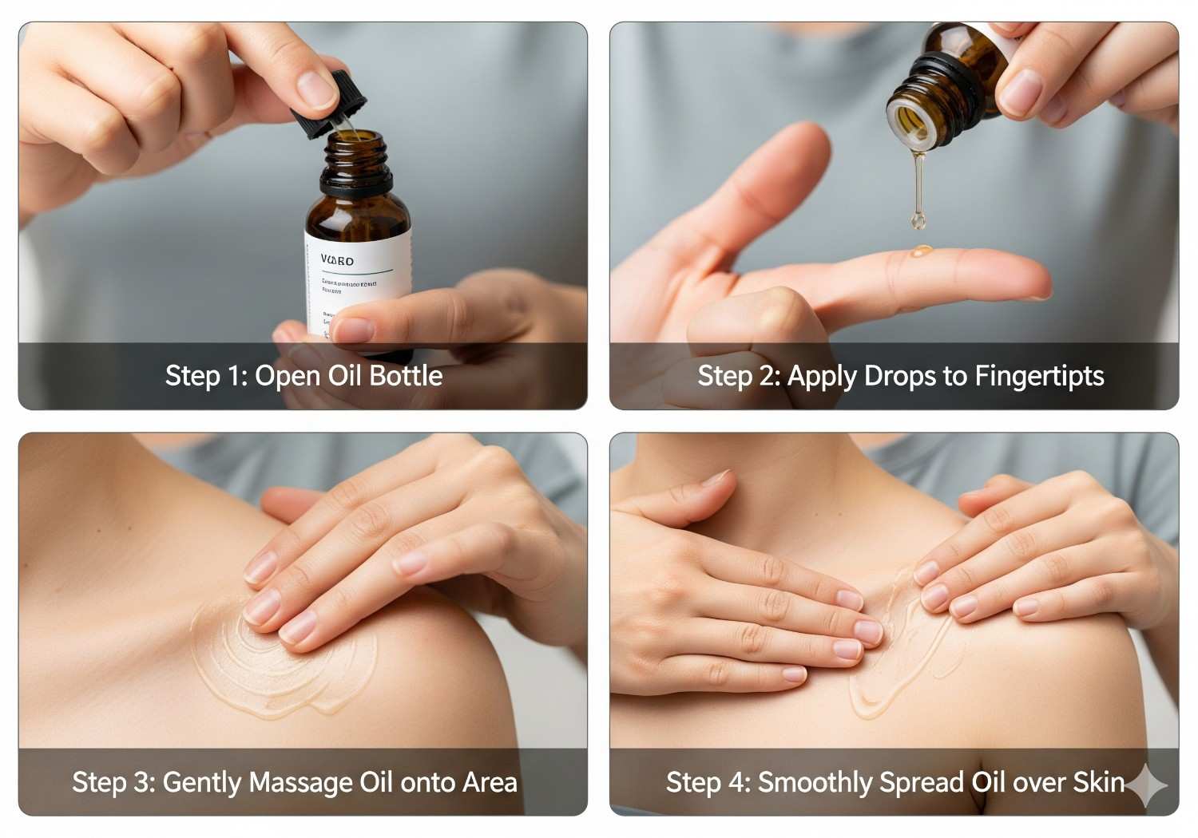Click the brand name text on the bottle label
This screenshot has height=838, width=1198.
click(337, 260)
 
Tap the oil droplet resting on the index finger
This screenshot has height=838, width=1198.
click(921, 251)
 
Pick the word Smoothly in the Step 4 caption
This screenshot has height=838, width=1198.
click(815, 782)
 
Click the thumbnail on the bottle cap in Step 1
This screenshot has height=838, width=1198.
click(317, 88)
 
